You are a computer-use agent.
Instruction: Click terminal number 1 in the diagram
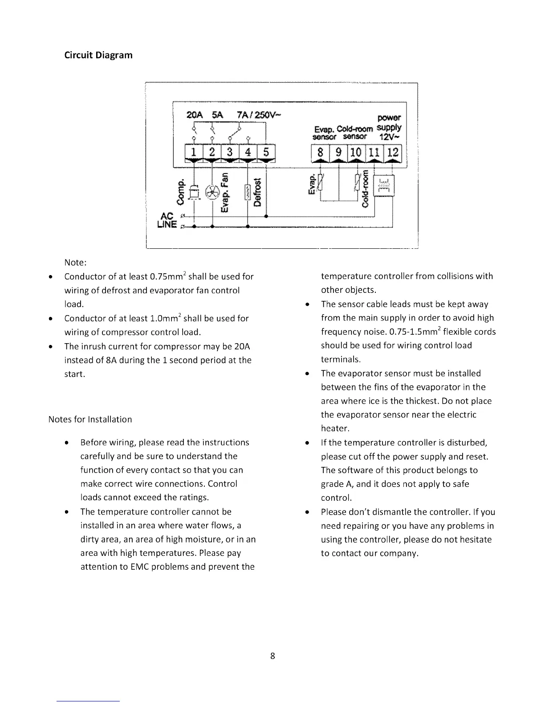(194, 152)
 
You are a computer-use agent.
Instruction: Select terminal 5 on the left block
(266, 152)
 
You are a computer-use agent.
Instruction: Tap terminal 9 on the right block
(339, 153)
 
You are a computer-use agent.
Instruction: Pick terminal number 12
(393, 153)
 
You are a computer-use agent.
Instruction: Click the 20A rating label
(194, 115)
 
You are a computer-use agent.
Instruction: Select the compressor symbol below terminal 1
(194, 192)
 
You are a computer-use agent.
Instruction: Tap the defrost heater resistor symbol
(247, 193)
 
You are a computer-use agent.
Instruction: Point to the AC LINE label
(167, 220)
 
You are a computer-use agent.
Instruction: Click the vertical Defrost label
(257, 192)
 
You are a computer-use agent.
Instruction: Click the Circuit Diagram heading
(98, 55)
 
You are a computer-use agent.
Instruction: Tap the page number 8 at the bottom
(272, 656)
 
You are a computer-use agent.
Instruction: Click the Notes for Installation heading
(90, 419)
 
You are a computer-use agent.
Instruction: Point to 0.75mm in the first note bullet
(167, 276)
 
